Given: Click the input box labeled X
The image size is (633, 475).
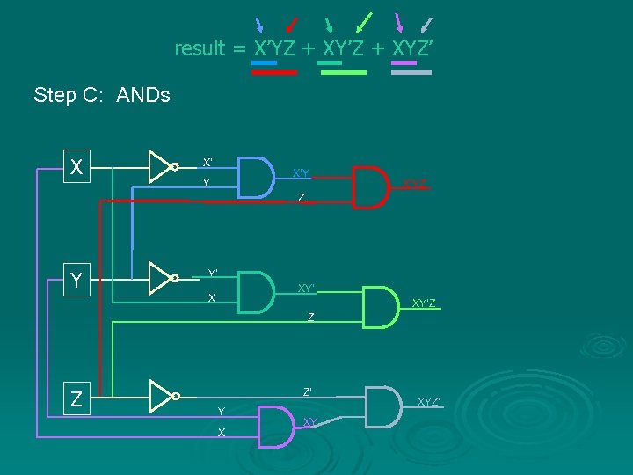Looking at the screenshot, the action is [x=77, y=166].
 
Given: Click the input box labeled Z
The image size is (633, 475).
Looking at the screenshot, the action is [x=77, y=398].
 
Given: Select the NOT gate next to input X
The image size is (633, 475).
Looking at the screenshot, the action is [x=163, y=165].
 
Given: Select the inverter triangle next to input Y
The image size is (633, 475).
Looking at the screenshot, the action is [x=163, y=277].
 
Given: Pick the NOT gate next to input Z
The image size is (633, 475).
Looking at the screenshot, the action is [x=163, y=397].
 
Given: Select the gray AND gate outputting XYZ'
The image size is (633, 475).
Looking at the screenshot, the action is [x=383, y=406].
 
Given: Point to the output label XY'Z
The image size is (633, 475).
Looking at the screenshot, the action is [x=424, y=303].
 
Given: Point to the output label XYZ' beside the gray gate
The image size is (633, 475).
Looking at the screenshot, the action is [x=429, y=401].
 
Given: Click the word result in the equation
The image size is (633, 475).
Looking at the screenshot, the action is [x=200, y=48].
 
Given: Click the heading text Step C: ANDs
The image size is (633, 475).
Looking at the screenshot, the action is [x=102, y=95].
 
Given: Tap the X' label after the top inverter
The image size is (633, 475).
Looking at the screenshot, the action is [x=207, y=163].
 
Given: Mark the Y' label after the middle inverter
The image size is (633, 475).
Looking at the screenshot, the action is [x=213, y=273].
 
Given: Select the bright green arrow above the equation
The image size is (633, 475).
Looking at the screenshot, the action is [x=364, y=22].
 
